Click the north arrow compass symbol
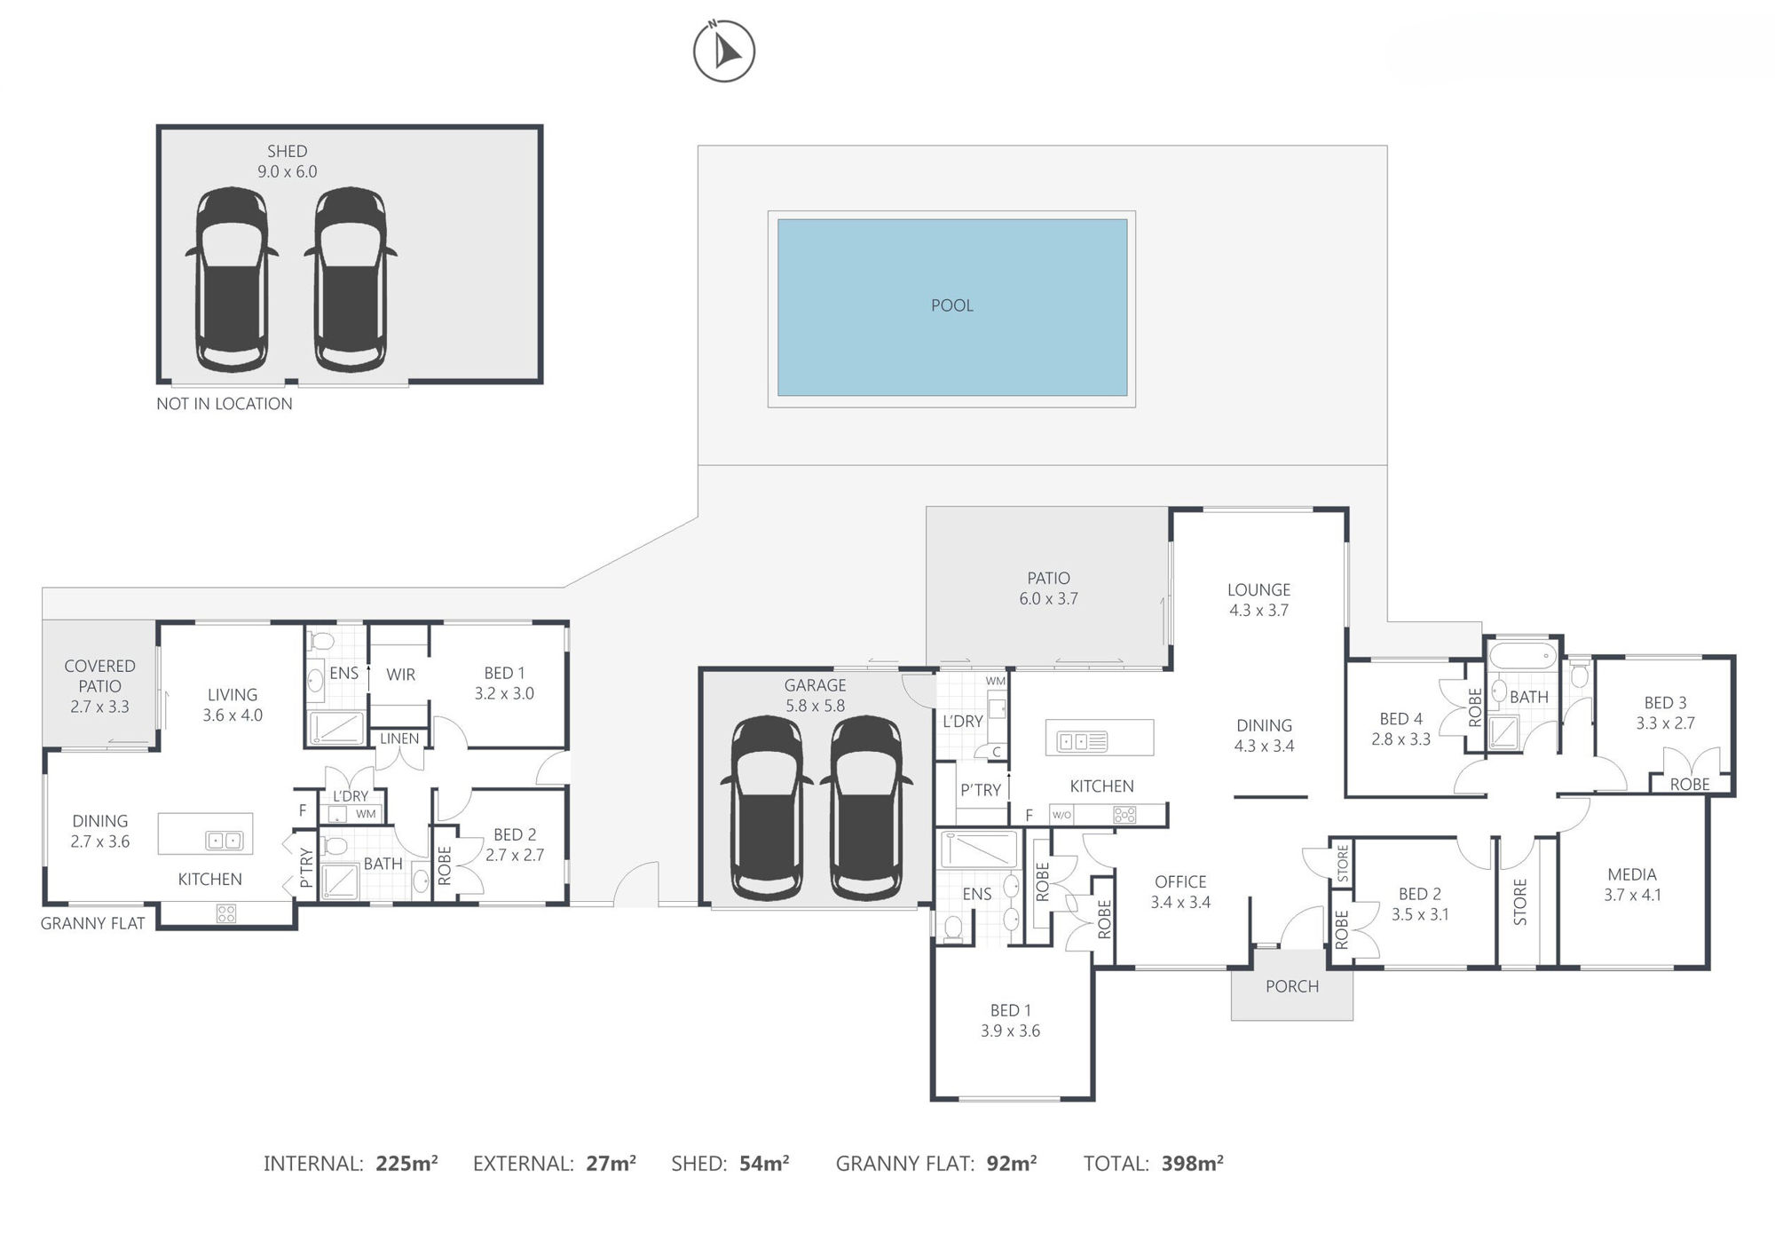[x=724, y=51]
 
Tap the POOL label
[x=952, y=305]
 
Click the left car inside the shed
[x=232, y=280]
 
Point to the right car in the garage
[x=865, y=808]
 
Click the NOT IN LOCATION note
[x=225, y=404]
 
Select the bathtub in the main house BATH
[x=1523, y=657]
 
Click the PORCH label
[x=1292, y=986]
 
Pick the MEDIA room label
[x=1632, y=874]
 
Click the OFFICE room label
[x=1180, y=881]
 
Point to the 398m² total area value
[x=1193, y=1163]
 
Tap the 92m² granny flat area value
[x=1012, y=1163]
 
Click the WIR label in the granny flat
[x=401, y=675]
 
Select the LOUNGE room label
[x=1258, y=589]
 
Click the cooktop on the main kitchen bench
[x=1124, y=814]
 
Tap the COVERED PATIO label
[x=100, y=675]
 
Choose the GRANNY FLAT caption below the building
[x=92, y=923]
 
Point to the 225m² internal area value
[x=406, y=1163]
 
